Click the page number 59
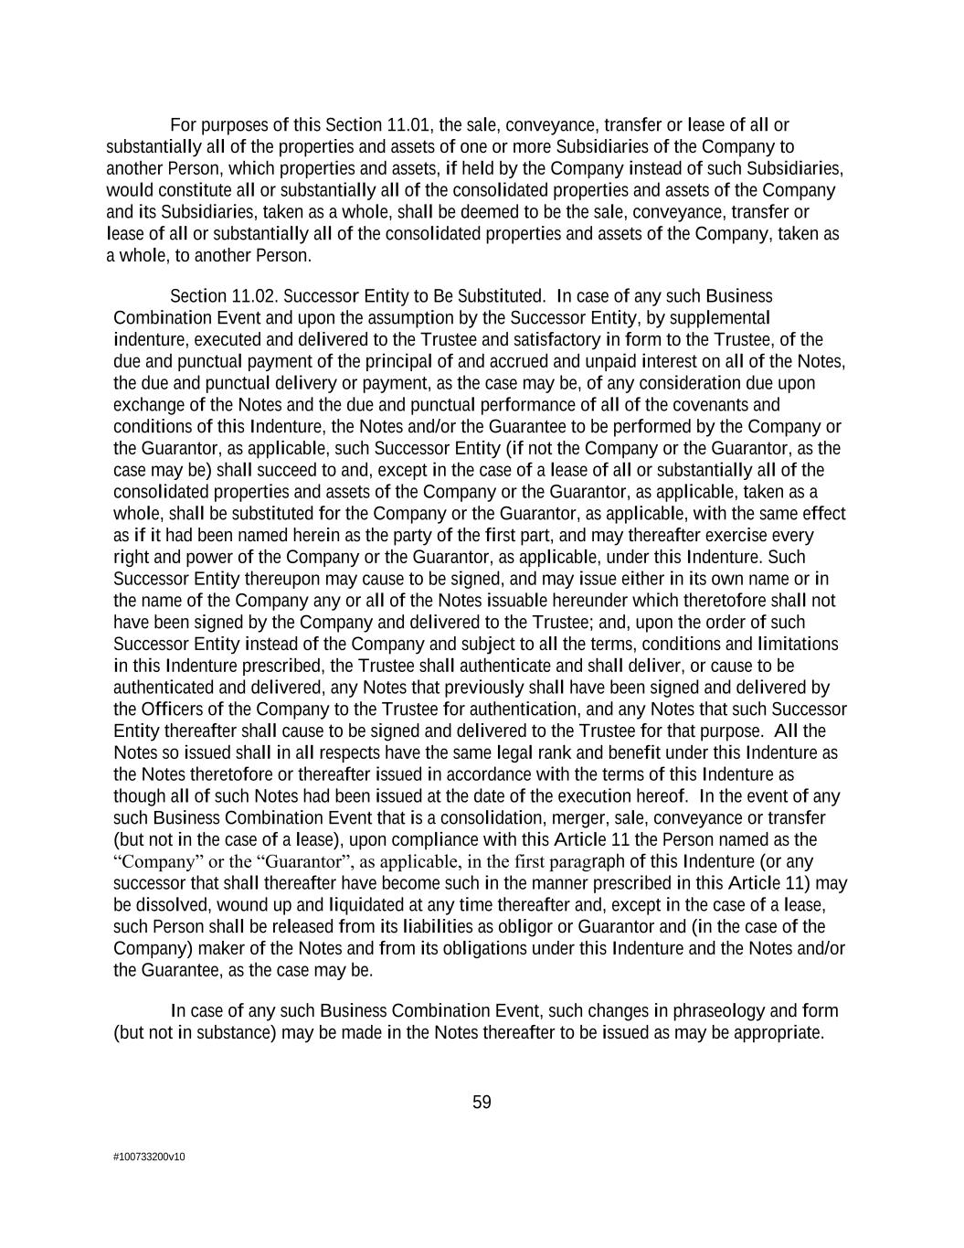tap(482, 1103)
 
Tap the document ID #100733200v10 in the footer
tap(149, 1157)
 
